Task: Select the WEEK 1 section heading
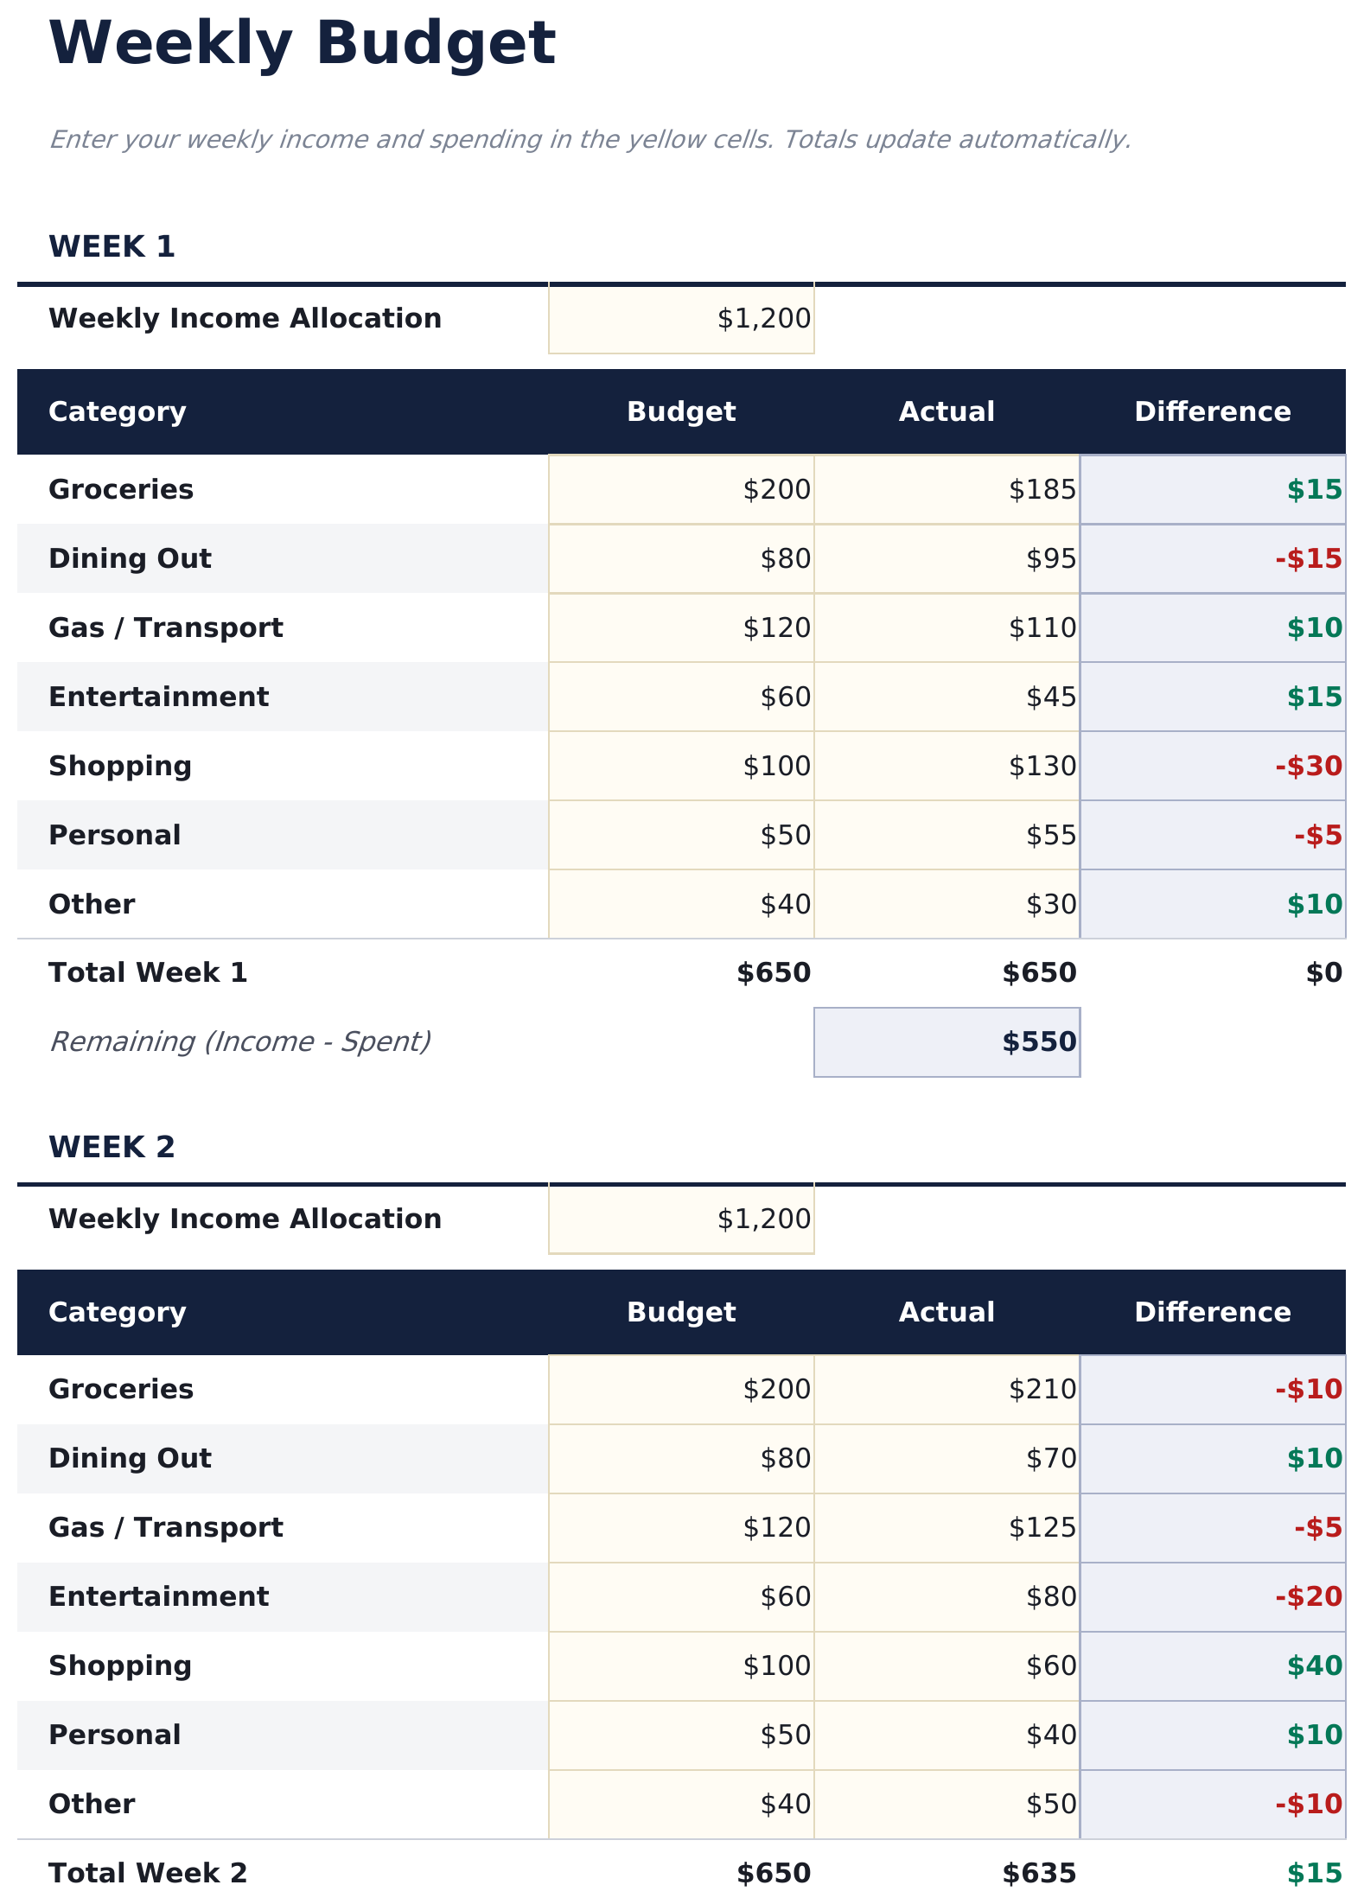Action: (x=112, y=247)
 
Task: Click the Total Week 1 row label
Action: (x=148, y=973)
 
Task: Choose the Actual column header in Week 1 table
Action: (x=947, y=412)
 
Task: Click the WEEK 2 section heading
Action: (x=112, y=1148)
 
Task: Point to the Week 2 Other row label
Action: (x=92, y=1805)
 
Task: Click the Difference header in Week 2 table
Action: (x=1212, y=1313)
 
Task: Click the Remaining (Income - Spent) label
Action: (x=240, y=1042)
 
